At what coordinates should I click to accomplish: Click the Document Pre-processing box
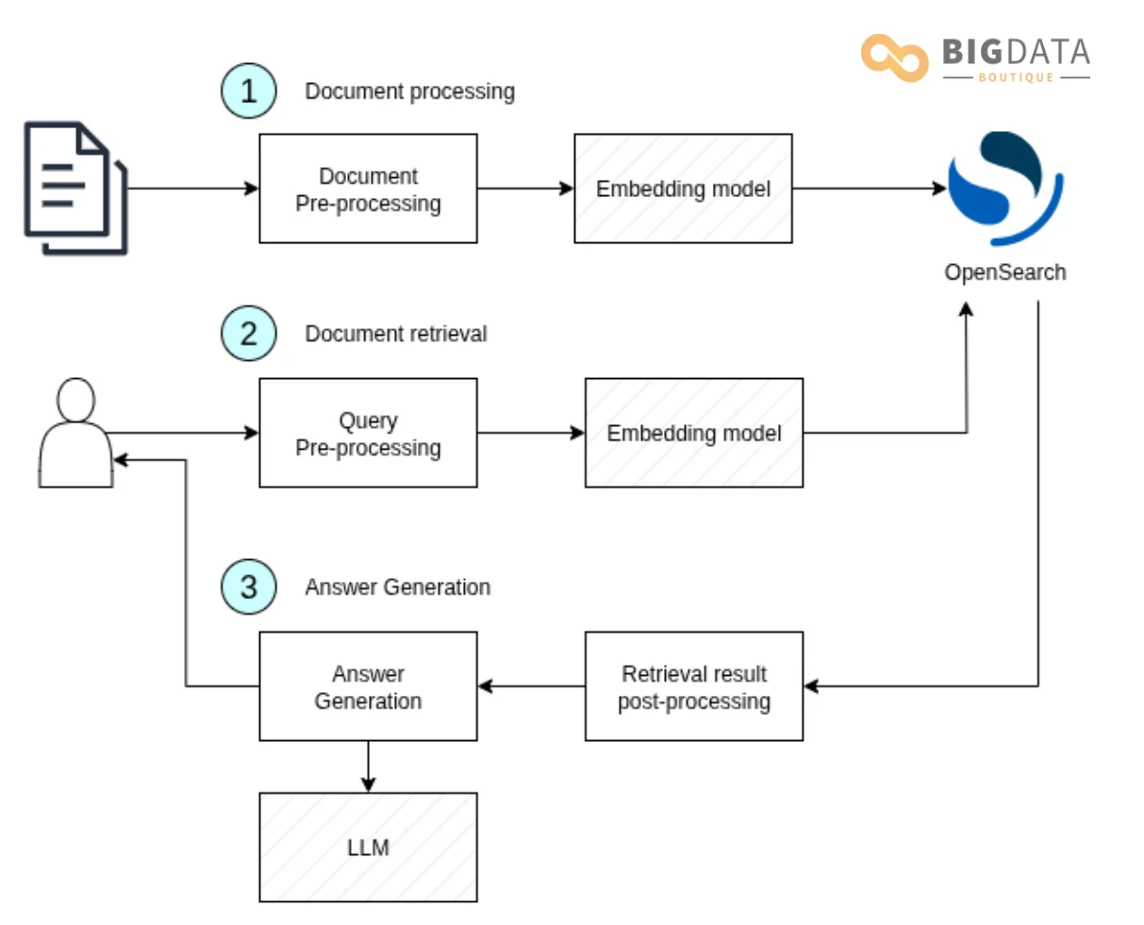[368, 189]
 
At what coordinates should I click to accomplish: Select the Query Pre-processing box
[368, 433]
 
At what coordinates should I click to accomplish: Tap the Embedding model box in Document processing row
[683, 189]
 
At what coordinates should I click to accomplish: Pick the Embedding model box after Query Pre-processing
[693, 433]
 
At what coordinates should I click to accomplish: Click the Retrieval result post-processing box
[693, 686]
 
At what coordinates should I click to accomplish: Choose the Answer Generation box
[368, 686]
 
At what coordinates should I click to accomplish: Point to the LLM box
[368, 847]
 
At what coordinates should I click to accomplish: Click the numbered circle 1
[248, 91]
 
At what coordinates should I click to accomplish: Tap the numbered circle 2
[248, 334]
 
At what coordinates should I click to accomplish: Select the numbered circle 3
[248, 587]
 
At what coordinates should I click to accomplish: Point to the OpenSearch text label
[1004, 273]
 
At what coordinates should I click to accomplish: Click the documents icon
[75, 188]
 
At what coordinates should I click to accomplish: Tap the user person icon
[75, 434]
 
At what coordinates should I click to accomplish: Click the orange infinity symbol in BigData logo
[894, 58]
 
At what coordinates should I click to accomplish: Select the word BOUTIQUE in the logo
[1016, 77]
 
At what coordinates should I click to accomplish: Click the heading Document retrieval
[395, 334]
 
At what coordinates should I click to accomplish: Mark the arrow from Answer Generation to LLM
[368, 767]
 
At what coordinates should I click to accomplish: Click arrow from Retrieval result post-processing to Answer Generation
[531, 686]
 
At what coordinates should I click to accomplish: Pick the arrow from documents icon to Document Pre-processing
[193, 189]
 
